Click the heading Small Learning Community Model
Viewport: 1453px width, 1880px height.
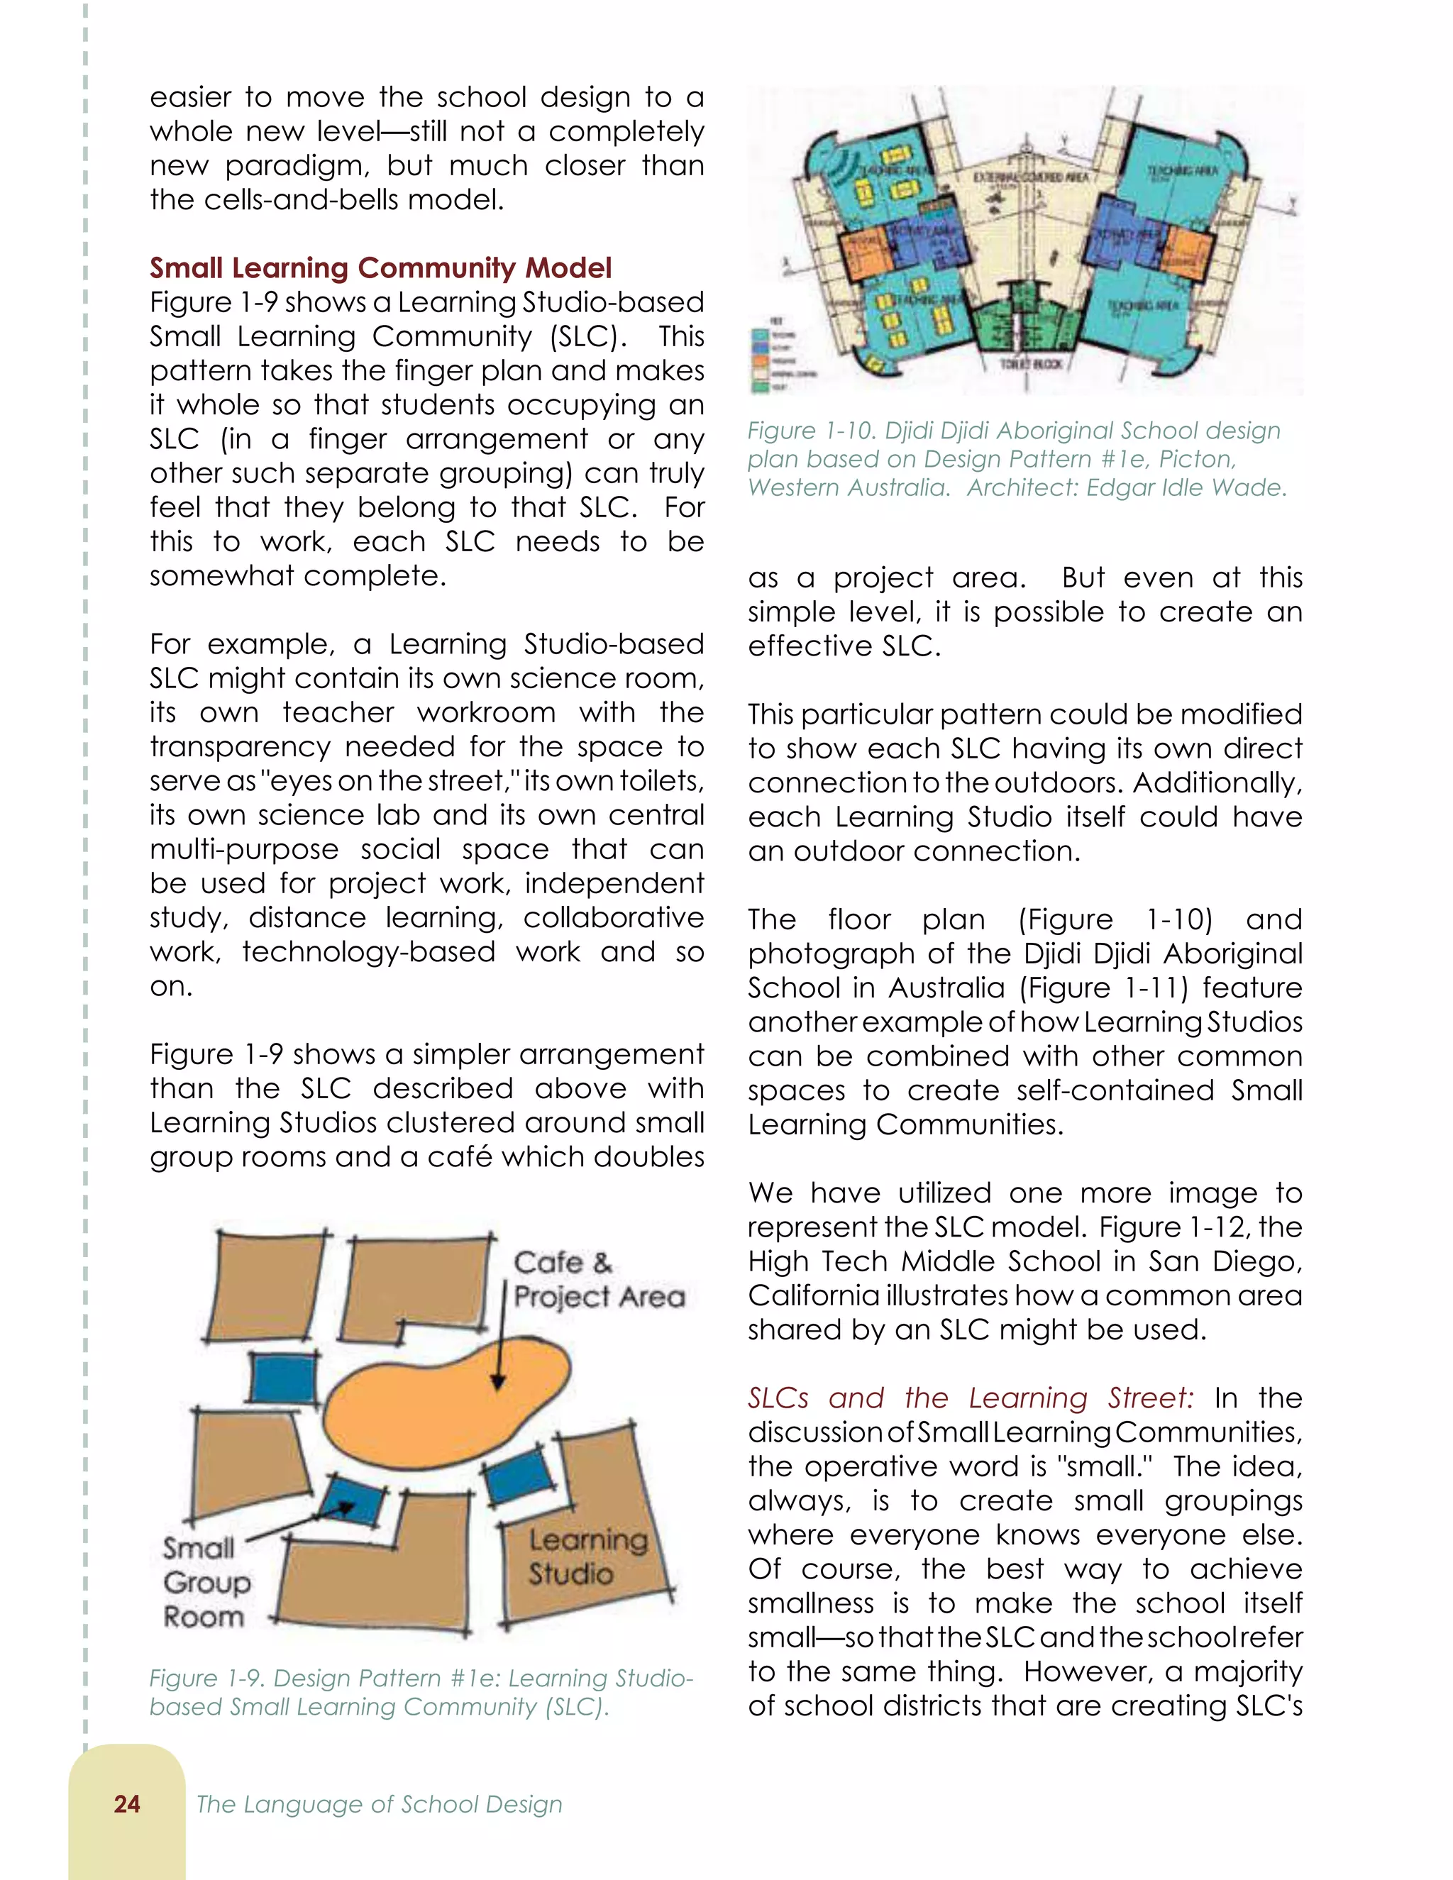point(380,267)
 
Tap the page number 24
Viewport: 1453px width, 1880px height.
point(126,1804)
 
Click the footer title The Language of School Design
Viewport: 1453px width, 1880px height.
point(379,1804)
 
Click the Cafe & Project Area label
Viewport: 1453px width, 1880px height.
point(597,1280)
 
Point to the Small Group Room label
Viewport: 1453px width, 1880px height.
point(206,1582)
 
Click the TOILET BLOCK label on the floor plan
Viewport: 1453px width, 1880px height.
point(1030,364)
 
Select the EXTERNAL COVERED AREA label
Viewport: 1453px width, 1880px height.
point(1030,177)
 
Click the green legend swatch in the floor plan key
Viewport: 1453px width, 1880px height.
point(760,387)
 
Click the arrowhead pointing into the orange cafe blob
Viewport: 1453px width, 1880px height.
point(497,1381)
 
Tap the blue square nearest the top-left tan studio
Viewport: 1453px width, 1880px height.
point(283,1377)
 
